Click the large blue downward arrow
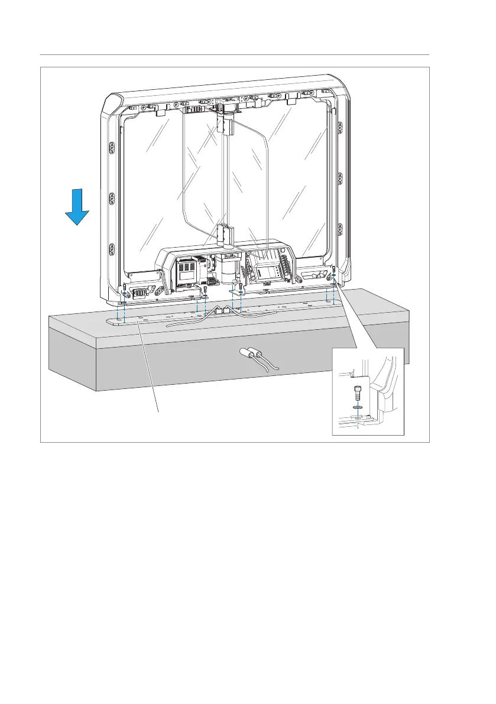point(77,210)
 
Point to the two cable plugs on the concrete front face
point(252,353)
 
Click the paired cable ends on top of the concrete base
point(223,310)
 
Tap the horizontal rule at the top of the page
point(235,55)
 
